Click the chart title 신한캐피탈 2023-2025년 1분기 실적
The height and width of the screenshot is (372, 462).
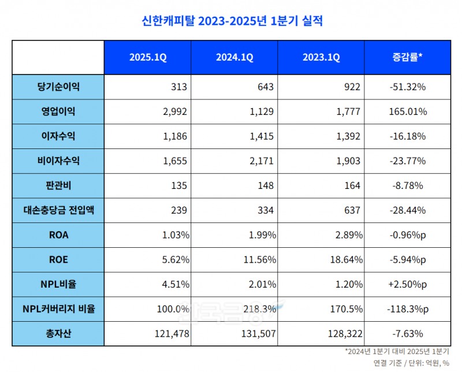tap(232, 21)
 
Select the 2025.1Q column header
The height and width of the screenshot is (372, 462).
tap(147, 57)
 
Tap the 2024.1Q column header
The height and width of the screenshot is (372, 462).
tap(234, 57)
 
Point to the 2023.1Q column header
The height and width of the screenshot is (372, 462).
tap(321, 57)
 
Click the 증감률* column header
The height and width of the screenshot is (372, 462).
tap(407, 57)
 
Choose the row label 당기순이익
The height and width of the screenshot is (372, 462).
tap(58, 87)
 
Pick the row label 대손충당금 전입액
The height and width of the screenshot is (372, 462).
tap(58, 210)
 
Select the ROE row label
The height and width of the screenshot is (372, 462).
tap(58, 260)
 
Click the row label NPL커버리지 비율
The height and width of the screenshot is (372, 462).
tap(58, 309)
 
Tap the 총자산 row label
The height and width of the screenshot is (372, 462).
tap(58, 334)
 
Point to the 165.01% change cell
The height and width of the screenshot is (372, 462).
tap(407, 111)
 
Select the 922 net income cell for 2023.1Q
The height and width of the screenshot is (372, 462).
tap(352, 87)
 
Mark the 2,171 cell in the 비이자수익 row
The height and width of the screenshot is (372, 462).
tap(264, 161)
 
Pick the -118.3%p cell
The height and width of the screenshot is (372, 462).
tap(407, 309)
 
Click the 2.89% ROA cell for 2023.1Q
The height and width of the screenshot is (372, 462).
tap(348, 235)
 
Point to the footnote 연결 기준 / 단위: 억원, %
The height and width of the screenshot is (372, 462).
tap(407, 363)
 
